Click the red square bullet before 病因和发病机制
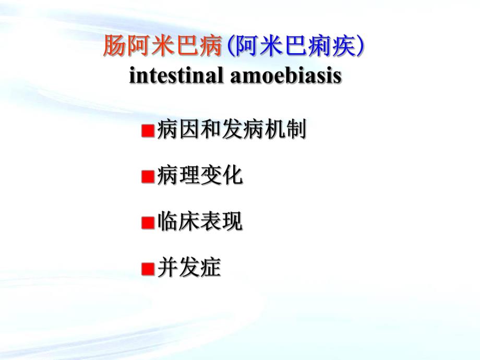click(x=147, y=130)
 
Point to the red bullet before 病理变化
click(x=147, y=177)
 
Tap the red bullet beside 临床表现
click(x=147, y=223)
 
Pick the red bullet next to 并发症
click(x=147, y=269)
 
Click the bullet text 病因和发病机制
click(x=230, y=130)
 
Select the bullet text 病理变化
click(x=199, y=176)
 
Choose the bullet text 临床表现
click(x=199, y=222)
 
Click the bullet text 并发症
click(x=188, y=268)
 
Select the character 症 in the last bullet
click(x=210, y=268)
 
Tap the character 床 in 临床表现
click(x=189, y=222)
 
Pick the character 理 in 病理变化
click(x=189, y=176)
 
